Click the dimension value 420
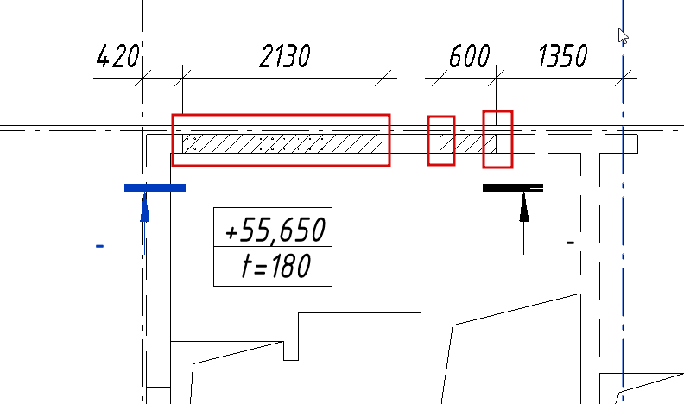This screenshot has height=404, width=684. pos(117,56)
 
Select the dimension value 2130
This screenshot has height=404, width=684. pos(285,56)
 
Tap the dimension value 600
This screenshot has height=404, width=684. pos(469,56)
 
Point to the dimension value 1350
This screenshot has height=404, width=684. pos(563,56)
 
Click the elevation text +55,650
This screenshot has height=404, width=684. pos(275,230)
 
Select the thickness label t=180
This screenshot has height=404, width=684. pos(276,266)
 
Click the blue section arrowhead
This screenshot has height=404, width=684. pos(145,208)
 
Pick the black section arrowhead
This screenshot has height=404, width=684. pos(524,208)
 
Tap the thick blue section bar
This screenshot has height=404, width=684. pos(155,188)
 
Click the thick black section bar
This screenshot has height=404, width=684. pos(513,188)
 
